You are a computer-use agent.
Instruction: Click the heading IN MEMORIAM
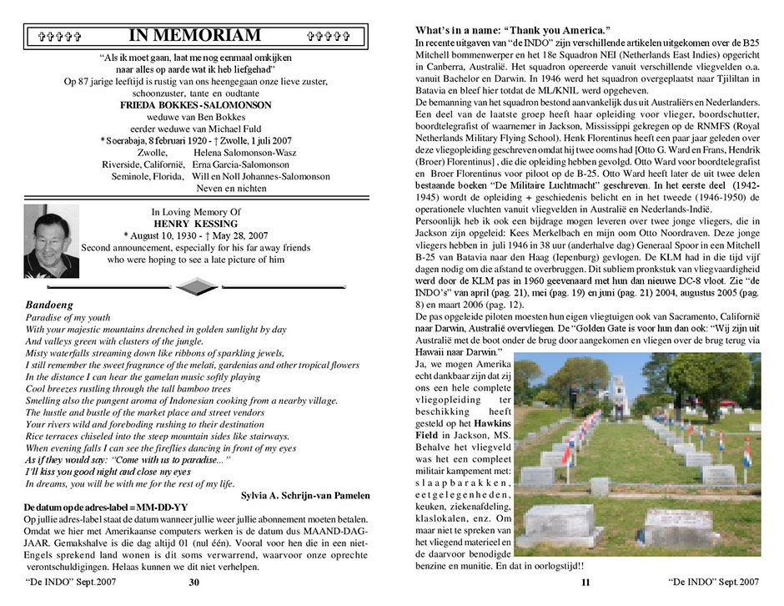point(195,35)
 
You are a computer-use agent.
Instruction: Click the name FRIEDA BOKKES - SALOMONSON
point(195,105)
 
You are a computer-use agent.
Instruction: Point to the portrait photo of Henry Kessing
point(52,242)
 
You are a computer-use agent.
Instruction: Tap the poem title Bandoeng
point(50,306)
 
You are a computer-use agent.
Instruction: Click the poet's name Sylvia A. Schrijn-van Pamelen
point(305,495)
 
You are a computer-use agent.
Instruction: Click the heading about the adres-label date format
point(109,507)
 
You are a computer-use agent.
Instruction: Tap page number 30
point(194,582)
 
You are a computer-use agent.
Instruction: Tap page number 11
point(585,583)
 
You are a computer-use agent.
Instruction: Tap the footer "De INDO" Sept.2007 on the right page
point(714,580)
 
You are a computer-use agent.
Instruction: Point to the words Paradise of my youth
point(67,319)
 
